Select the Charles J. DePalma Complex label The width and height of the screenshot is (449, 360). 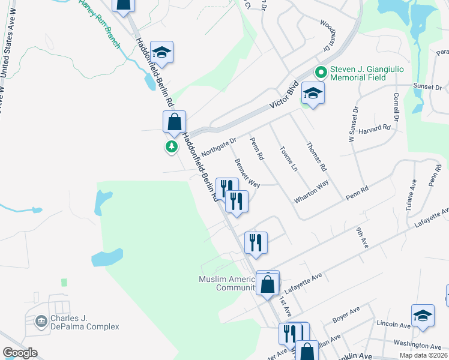coord(84,323)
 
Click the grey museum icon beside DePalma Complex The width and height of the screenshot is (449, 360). coord(41,322)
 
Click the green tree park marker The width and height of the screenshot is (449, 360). coord(172,146)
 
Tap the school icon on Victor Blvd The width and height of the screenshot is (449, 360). coord(313,94)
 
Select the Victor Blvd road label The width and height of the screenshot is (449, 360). coord(285,95)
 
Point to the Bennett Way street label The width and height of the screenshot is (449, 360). coord(247,173)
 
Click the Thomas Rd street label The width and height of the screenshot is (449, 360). coord(316,156)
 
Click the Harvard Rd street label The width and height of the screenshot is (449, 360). coord(378,128)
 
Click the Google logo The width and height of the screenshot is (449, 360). coord(20,352)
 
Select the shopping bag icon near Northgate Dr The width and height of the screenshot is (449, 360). coord(174,121)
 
